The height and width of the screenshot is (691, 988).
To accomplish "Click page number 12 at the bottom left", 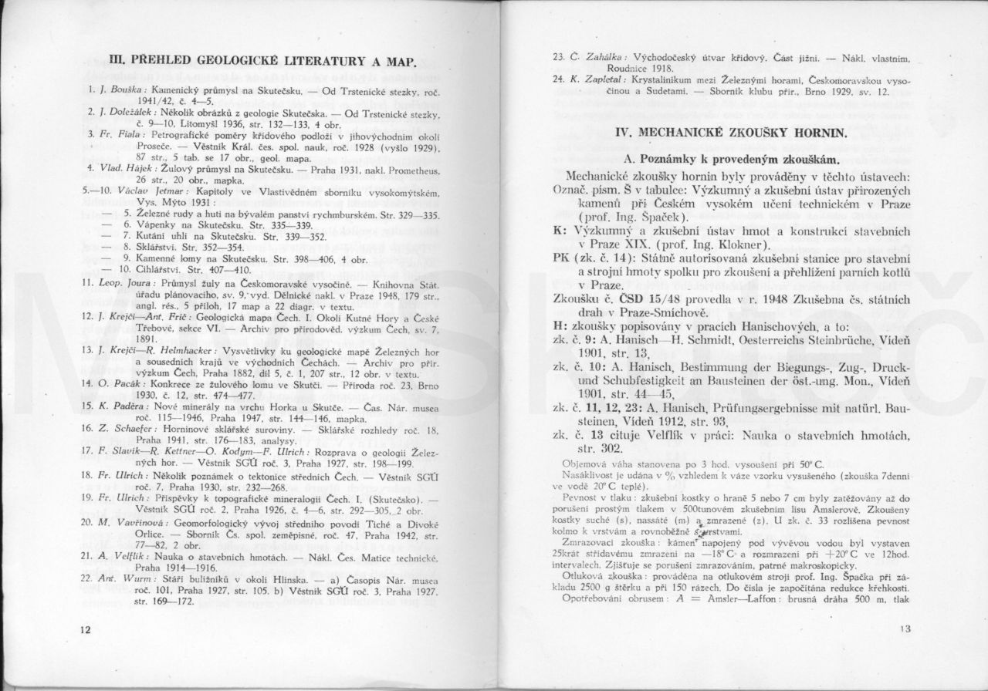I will coord(84,630).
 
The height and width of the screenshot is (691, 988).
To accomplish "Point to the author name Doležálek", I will coord(129,112).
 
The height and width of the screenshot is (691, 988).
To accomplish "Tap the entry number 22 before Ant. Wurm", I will coord(87,577).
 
